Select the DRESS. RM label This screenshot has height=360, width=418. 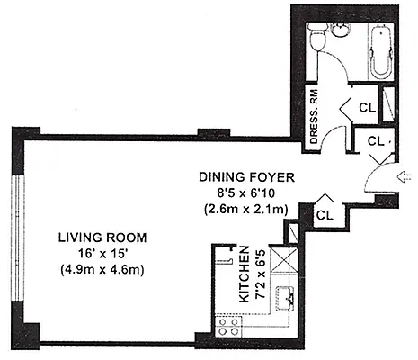click(x=315, y=112)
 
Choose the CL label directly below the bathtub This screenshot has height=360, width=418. click(x=366, y=107)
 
